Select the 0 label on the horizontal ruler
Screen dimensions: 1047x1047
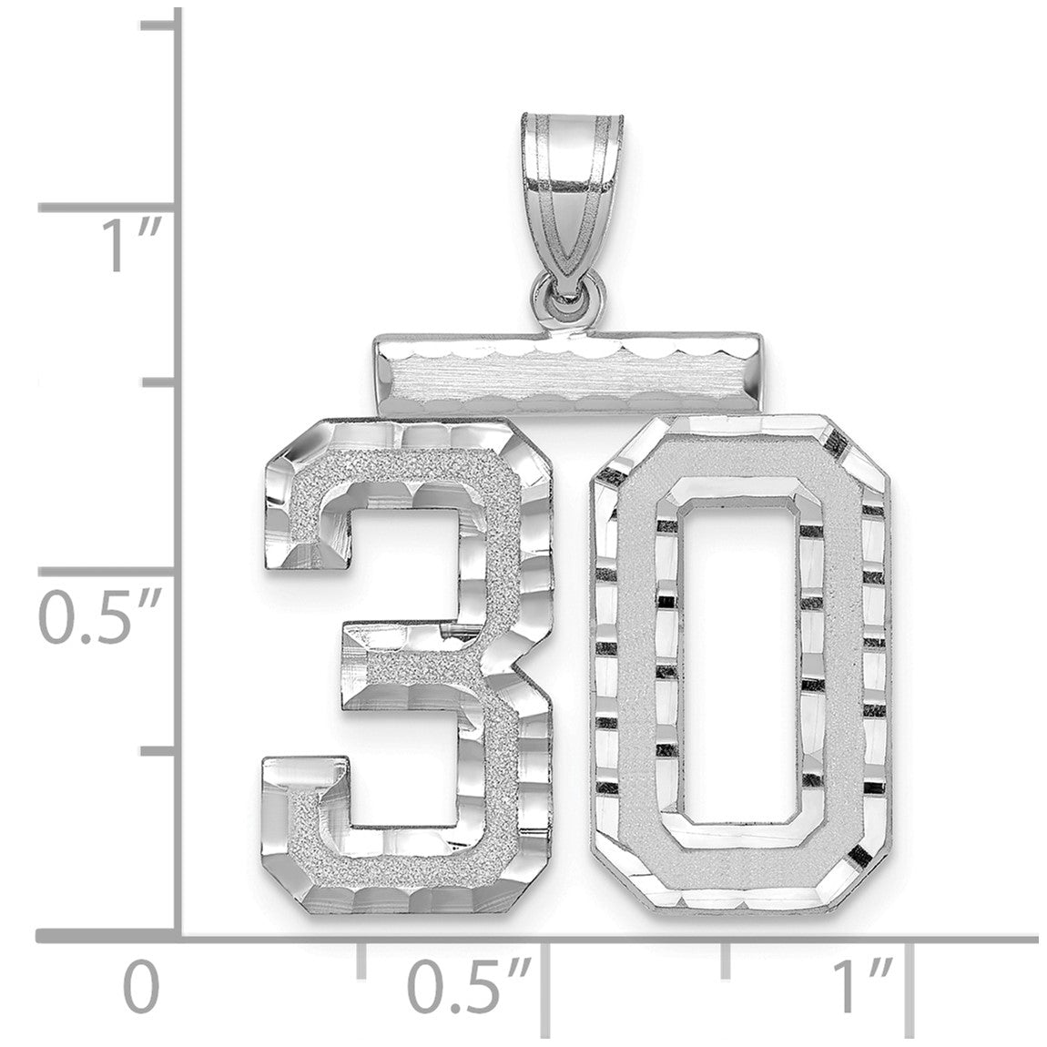142,987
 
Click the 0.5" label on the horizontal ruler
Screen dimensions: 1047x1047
471,987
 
